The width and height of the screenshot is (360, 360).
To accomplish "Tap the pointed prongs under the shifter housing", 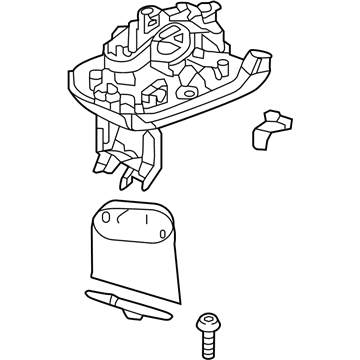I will point(127,180).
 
